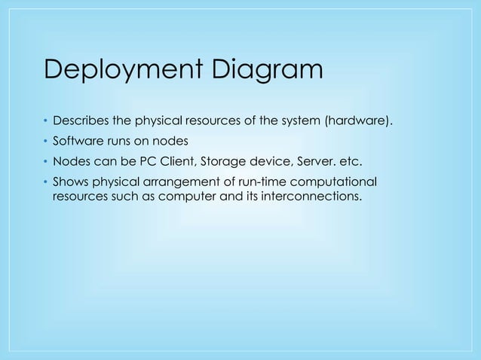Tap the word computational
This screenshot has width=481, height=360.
[x=331, y=182]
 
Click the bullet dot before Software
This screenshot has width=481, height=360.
[x=44, y=141]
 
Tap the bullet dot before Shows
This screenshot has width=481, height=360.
[x=44, y=182]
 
